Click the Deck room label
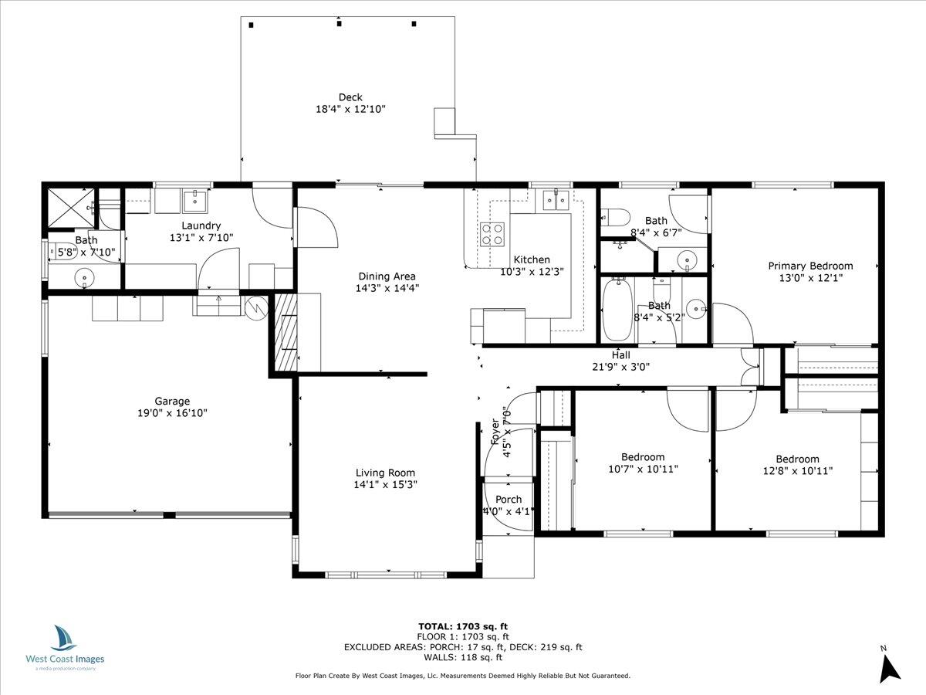(350, 97)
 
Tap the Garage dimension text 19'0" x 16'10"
(172, 413)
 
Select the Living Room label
(385, 473)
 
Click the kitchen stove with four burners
(493, 233)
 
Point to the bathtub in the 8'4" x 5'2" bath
(617, 310)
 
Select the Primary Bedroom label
(810, 266)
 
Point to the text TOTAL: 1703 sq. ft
(463, 626)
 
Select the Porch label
(509, 500)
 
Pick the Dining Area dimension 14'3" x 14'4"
(387, 288)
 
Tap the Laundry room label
(201, 225)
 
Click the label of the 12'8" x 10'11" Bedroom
(797, 459)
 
